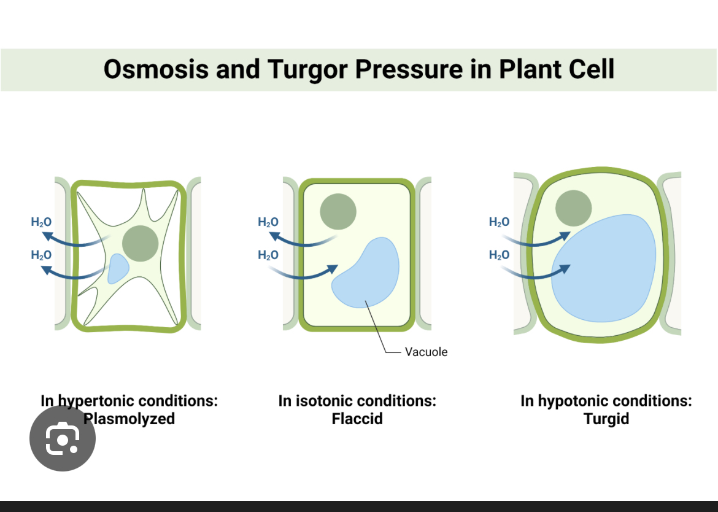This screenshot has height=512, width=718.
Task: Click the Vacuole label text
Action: point(426,352)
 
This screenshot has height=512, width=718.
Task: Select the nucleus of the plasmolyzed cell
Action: point(141,243)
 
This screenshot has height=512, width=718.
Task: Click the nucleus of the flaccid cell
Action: point(338,211)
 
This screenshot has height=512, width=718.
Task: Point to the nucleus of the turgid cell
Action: point(573,208)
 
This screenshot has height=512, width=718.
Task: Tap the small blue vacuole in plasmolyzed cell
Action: point(118,269)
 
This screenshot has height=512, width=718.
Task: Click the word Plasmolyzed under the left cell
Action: point(129,419)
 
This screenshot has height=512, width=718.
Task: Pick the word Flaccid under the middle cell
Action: point(357,419)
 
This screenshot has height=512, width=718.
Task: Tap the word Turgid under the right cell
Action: point(606,419)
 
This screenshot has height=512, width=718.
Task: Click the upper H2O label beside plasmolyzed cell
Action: point(41,222)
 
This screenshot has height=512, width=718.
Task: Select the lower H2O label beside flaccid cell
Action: point(268,255)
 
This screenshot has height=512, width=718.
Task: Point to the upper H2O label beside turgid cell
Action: point(499,222)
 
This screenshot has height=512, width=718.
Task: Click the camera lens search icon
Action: point(63,438)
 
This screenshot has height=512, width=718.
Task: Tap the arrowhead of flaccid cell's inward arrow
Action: point(333,268)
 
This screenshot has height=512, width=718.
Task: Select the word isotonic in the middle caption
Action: point(324,401)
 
